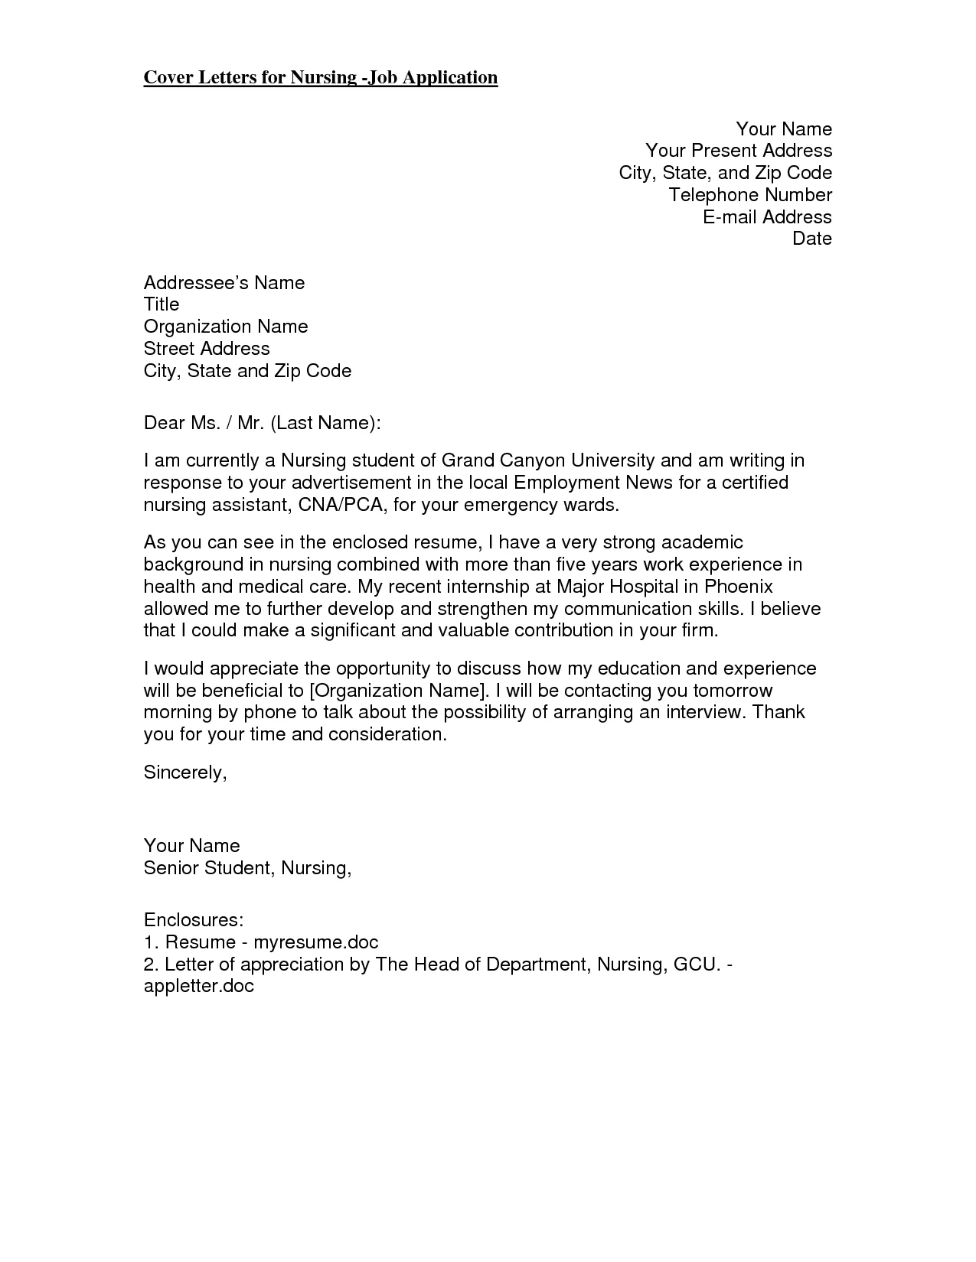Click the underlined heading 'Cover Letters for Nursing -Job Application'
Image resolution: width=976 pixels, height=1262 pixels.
tap(321, 77)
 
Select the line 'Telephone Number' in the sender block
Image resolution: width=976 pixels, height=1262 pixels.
tap(750, 195)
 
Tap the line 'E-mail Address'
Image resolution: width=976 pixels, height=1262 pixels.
tap(767, 217)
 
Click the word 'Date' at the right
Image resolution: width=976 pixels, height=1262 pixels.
tap(812, 239)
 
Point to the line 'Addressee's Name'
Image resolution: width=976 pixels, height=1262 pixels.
tap(224, 283)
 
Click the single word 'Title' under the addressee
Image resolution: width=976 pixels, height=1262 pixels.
tap(162, 304)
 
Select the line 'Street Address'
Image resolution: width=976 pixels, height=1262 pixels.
tap(207, 349)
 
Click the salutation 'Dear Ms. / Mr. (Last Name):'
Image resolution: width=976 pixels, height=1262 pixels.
tap(262, 423)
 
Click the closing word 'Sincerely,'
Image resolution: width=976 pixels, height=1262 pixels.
tap(185, 772)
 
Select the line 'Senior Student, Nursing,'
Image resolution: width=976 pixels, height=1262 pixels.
tap(247, 868)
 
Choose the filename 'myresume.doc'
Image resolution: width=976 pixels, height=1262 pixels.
tap(316, 942)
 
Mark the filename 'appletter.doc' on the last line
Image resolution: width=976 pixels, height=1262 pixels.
tap(198, 986)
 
